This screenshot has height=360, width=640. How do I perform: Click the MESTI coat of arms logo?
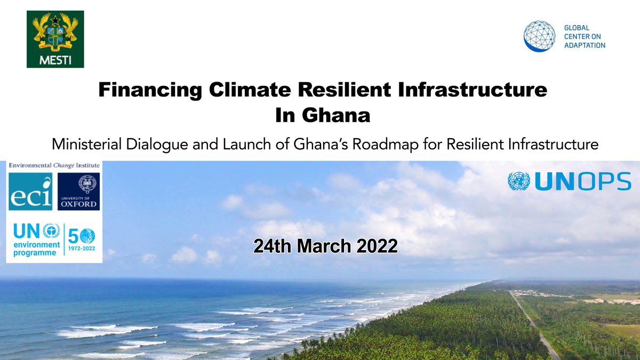[x=55, y=39]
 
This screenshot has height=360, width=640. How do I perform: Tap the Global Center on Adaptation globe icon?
[x=540, y=36]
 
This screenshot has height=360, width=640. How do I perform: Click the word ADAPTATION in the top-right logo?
[x=585, y=46]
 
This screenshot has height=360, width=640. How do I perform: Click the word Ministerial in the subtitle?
[x=84, y=144]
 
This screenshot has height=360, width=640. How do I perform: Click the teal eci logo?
[x=30, y=191]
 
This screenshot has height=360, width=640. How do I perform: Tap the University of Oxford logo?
[x=78, y=191]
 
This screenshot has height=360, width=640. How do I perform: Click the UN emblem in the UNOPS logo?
[x=519, y=181]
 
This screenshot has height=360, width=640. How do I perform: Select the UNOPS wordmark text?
[x=582, y=182]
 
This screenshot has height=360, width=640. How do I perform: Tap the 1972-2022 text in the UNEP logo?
[x=82, y=248]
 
